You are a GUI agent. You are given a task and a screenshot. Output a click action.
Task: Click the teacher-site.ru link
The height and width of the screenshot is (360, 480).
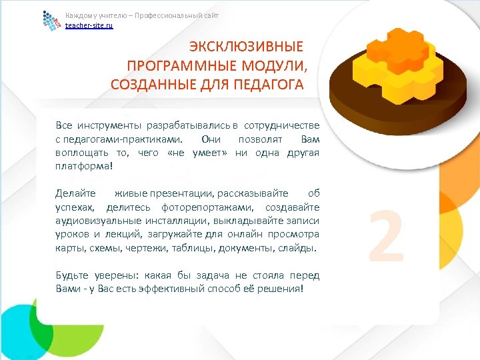pyautogui.click(x=89, y=25)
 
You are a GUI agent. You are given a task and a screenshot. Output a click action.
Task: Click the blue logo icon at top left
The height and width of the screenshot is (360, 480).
pyautogui.click(x=51, y=21)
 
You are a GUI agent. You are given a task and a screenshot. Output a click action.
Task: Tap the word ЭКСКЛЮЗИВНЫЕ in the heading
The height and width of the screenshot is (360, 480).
pyautogui.click(x=245, y=47)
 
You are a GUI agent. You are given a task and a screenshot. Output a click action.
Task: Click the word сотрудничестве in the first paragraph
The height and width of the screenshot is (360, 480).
pyautogui.click(x=282, y=125)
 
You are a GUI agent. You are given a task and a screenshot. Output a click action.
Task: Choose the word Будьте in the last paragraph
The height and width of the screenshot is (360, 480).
pyautogui.click(x=73, y=275)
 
